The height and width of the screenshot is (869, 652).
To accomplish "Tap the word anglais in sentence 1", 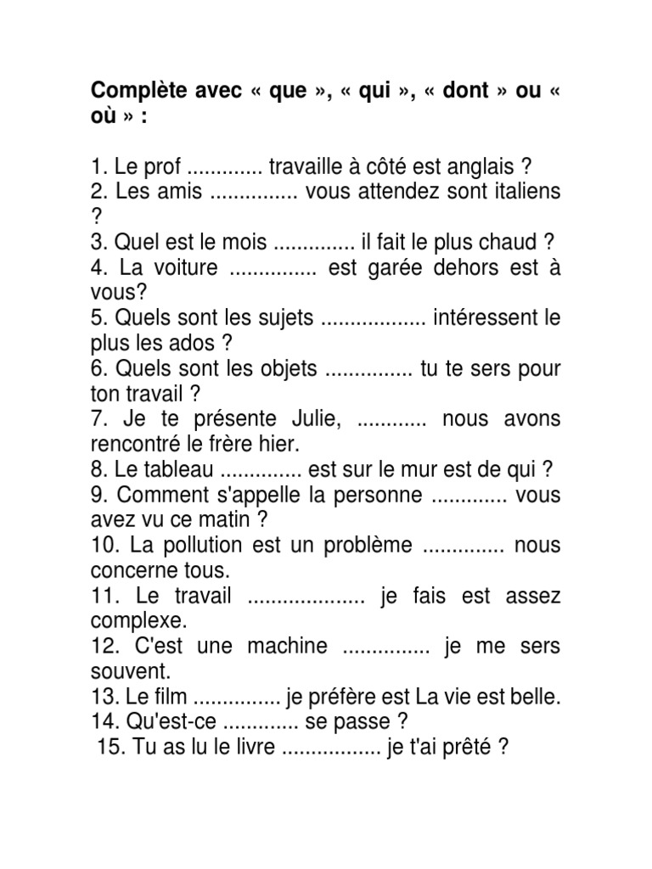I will point(482,166).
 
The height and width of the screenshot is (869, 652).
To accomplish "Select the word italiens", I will point(520,192).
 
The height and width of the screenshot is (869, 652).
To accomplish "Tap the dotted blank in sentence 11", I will point(306,597).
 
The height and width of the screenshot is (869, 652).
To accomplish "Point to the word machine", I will point(287,646).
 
